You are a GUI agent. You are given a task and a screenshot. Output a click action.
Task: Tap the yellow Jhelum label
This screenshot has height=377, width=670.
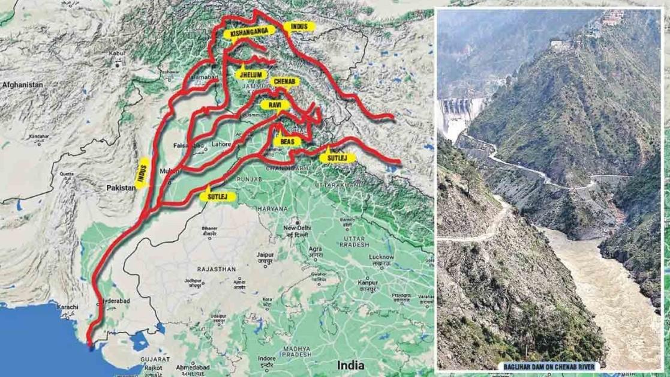[x=251, y=73]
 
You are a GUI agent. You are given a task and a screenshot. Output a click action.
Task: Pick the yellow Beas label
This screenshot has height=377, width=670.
[x=287, y=142]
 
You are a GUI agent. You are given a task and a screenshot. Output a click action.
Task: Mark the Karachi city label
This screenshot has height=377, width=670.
[x=68, y=307]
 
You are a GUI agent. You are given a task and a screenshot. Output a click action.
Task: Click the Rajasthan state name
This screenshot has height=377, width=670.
[x=218, y=270]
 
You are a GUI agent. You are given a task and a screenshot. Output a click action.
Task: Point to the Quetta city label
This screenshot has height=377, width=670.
[x=65, y=173]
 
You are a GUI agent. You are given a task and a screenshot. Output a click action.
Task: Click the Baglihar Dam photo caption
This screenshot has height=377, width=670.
[x=549, y=364]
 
